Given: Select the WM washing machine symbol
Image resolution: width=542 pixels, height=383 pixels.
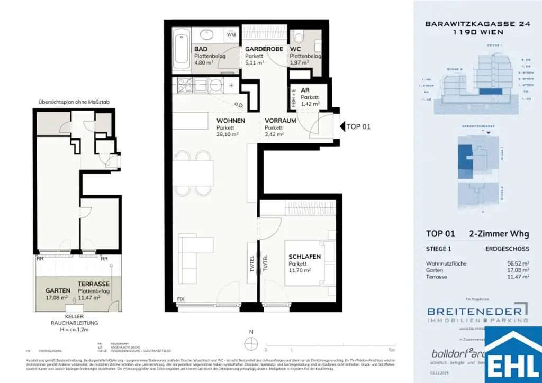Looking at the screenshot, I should point(232,35).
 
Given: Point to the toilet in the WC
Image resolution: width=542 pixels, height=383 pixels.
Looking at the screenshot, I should point(299,37).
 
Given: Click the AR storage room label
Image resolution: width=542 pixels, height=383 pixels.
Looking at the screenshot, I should point(305,90).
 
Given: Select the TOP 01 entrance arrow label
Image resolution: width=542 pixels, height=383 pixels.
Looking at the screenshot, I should point(358,126).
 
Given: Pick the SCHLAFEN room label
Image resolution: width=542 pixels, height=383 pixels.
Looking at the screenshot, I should point(304,257).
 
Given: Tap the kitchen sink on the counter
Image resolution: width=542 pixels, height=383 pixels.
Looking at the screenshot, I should point(216,85).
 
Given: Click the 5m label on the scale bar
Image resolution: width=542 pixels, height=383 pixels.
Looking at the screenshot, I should point(392,350).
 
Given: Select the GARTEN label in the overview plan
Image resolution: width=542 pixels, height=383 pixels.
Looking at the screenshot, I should point(58,291).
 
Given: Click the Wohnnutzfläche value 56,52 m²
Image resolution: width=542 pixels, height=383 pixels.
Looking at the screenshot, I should point(518,263).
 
